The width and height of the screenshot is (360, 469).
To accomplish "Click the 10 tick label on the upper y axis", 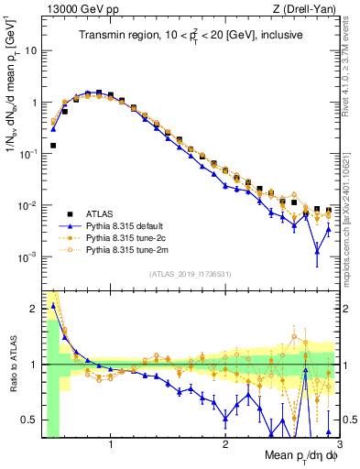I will (29, 51).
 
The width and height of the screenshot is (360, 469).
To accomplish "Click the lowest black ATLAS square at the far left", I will (53, 145).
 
